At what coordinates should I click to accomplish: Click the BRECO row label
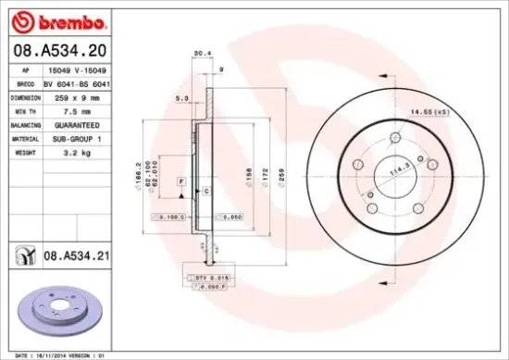[x=26, y=82]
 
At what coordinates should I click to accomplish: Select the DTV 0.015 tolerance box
[x=210, y=277]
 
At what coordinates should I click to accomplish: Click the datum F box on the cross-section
[x=181, y=180]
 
